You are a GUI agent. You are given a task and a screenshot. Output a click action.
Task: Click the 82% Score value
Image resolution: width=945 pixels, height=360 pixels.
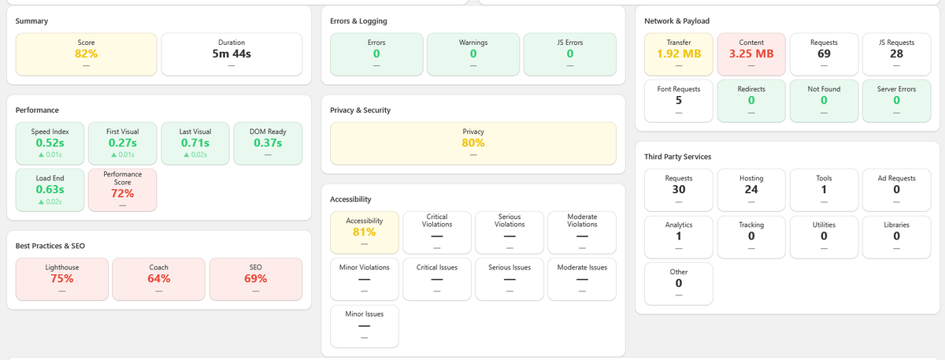86,54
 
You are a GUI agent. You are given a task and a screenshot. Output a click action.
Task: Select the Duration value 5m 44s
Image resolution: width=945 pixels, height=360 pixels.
231,54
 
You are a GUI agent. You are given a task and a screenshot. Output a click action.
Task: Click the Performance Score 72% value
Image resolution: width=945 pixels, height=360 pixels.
122,193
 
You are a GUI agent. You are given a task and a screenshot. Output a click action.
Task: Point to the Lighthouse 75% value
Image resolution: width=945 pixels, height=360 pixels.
61,278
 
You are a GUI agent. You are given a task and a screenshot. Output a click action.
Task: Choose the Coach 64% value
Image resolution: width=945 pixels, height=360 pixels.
158,278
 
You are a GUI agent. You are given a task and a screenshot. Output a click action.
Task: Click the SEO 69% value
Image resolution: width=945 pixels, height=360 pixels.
255,278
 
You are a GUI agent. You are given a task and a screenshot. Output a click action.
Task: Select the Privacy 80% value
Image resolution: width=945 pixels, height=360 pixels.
472,143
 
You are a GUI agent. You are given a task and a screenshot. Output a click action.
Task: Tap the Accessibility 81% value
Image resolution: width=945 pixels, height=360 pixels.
364,232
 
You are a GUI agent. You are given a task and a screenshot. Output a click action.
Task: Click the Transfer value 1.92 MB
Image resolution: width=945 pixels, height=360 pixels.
678,54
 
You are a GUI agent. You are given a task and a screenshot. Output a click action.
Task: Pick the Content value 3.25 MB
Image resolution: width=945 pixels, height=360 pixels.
750,54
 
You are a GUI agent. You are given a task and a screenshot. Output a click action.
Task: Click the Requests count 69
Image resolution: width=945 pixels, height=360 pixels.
824,54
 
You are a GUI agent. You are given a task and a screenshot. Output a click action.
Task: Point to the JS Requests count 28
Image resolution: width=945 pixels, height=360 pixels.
896,54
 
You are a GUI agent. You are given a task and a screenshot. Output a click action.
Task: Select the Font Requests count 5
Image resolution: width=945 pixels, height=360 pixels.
678,100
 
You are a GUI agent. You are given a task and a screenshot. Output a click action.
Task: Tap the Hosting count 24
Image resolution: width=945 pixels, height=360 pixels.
750,189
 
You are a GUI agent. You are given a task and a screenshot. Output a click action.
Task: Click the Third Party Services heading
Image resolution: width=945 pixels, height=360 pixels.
677,157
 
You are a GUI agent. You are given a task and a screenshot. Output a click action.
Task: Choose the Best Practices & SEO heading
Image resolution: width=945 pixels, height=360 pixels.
50,247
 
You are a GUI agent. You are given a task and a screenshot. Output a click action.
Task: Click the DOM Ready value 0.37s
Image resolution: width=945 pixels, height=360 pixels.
267,143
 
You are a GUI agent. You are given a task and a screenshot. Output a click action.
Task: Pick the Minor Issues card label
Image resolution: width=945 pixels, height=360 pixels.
364,314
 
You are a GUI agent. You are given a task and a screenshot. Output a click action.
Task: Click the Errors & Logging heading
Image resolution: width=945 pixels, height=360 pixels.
358,20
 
